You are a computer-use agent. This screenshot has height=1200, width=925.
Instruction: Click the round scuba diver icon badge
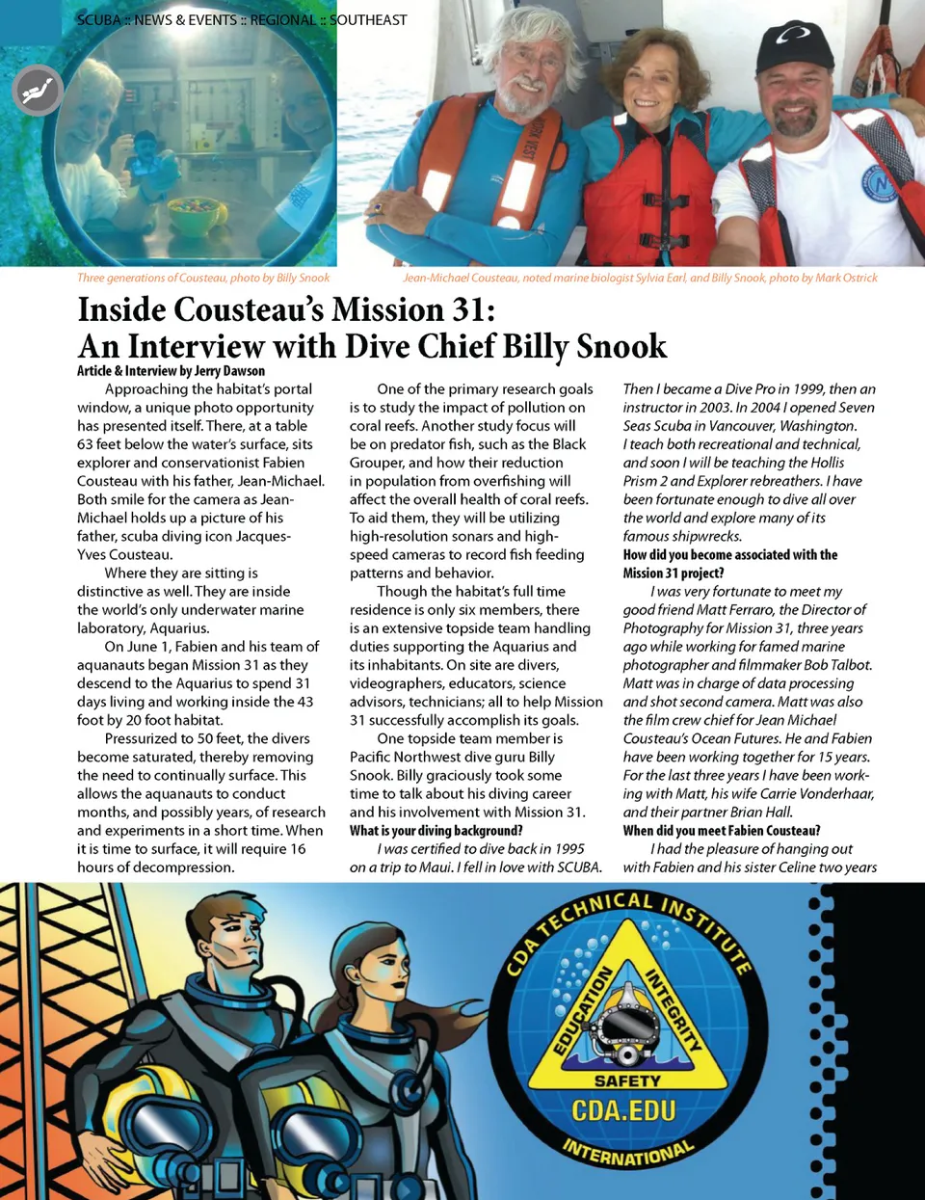tap(38, 91)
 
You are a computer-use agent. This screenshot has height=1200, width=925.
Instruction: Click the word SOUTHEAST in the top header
tap(368, 19)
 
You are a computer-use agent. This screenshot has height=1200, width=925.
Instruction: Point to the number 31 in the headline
tap(467, 310)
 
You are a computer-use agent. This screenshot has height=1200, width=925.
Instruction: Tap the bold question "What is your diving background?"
tap(436, 831)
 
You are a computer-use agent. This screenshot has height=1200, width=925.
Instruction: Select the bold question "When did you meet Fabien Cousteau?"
tap(722, 831)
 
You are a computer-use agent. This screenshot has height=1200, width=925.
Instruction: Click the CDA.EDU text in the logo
tap(623, 1111)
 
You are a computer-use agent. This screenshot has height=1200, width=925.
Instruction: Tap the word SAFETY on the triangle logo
tap(626, 1081)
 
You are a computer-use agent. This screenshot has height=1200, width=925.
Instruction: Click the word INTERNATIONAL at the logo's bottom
tap(627, 1153)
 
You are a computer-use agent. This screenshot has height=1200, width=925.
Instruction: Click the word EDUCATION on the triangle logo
tap(582, 1009)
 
